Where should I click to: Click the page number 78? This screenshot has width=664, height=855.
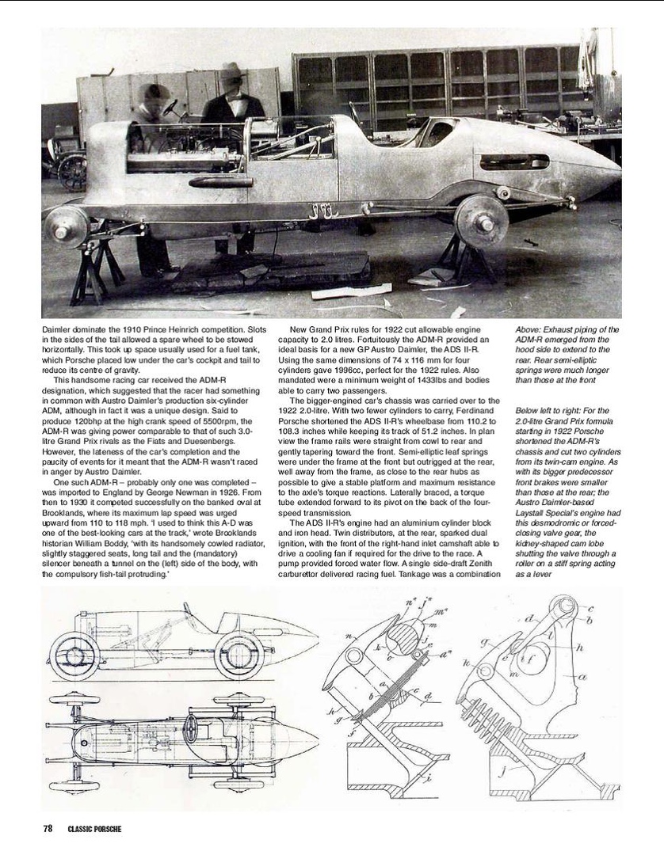(48, 829)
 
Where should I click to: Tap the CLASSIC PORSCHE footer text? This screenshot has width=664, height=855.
(90, 829)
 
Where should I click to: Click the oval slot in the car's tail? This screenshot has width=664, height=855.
(514, 163)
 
